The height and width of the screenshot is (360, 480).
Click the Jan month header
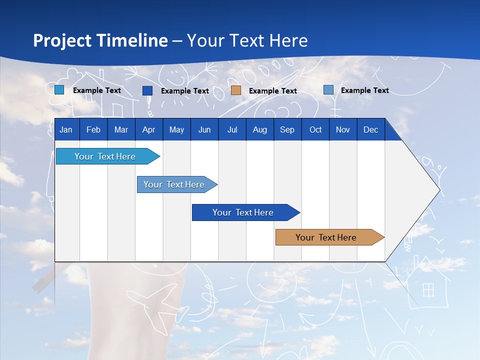(66, 129)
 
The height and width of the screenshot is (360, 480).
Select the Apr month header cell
(148, 129)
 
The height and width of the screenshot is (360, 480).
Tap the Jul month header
(232, 129)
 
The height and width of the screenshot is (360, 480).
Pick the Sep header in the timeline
(287, 129)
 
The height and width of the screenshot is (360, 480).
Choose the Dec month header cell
(370, 129)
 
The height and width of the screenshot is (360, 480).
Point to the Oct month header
(315, 129)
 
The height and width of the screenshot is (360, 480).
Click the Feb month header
(93, 129)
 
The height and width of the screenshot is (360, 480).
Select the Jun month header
(204, 129)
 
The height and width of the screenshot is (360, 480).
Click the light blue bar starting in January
(105, 156)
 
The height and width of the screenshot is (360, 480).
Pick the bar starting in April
(174, 184)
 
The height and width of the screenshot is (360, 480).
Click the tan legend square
(236, 90)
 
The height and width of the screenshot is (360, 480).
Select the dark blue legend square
(147, 90)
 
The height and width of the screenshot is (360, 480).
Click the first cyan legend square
(59, 90)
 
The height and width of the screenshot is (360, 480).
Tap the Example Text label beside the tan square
(272, 91)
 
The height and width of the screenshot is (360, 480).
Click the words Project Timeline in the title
(100, 40)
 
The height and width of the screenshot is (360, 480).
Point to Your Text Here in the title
(247, 40)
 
